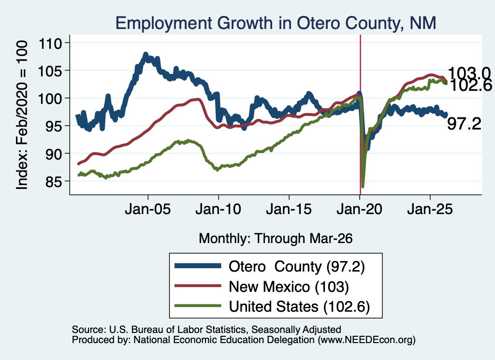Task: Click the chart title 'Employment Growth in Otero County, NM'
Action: click(x=276, y=23)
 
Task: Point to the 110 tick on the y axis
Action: click(x=50, y=43)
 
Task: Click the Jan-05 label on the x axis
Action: click(x=148, y=209)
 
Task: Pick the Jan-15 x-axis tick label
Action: click(x=289, y=209)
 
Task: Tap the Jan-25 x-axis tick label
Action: click(x=430, y=209)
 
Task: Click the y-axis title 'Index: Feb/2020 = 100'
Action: click(x=22, y=115)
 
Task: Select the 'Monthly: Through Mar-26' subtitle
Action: click(x=276, y=239)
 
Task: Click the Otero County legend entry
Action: click(x=270, y=267)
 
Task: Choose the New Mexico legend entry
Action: click(x=262, y=287)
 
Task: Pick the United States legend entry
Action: click(x=272, y=306)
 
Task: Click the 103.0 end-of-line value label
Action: click(x=469, y=73)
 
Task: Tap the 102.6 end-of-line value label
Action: click(x=470, y=85)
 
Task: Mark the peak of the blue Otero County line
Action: click(x=146, y=54)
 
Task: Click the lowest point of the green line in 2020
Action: click(x=363, y=187)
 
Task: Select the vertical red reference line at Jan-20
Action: click(x=360, y=115)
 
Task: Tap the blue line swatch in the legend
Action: click(x=198, y=266)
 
